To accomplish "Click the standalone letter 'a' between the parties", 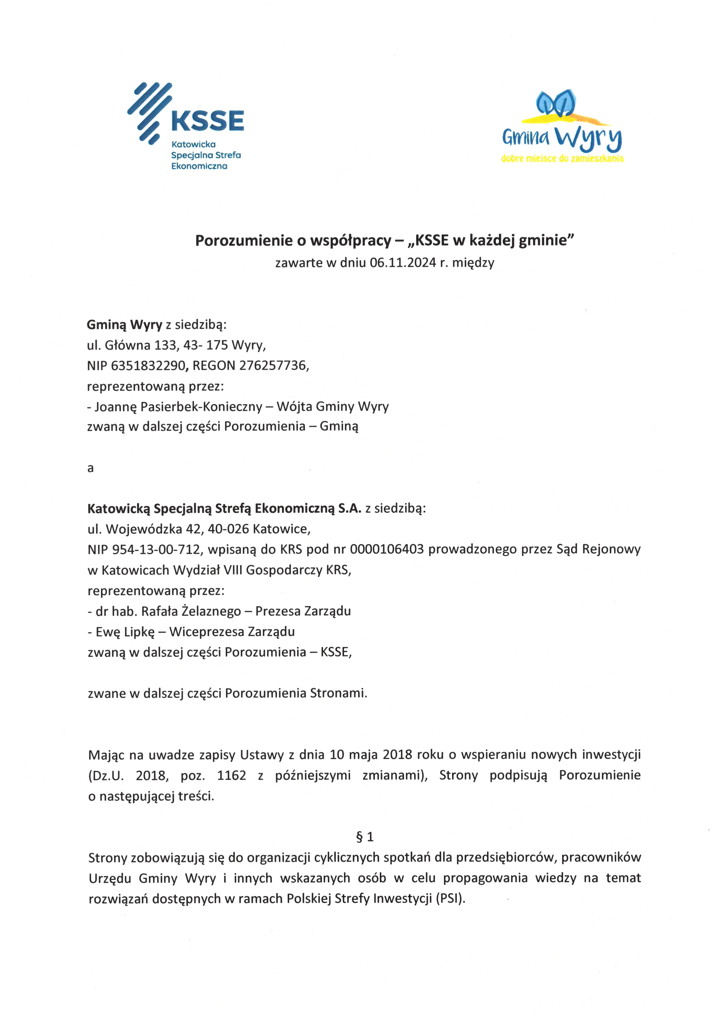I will tap(91, 468).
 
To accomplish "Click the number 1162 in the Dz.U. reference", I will tap(231, 775).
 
